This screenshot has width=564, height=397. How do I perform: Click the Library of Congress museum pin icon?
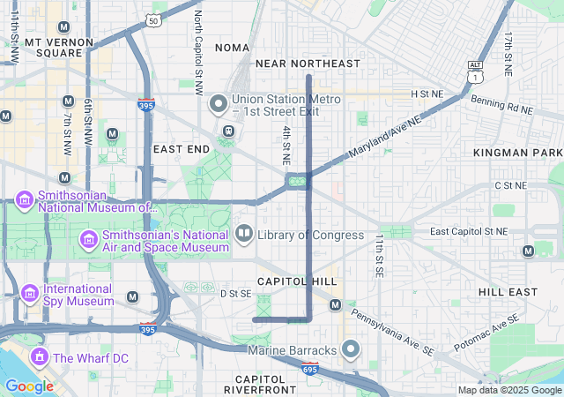tap(244, 235)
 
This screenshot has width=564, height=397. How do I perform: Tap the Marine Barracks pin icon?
tap(350, 350)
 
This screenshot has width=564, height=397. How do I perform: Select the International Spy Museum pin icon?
tap(30, 293)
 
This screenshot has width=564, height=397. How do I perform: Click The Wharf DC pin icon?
tap(39, 357)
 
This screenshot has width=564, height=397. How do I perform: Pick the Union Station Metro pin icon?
tap(219, 105)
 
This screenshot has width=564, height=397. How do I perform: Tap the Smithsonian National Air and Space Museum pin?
tap(88, 240)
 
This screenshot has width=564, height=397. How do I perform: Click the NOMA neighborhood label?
tap(232, 47)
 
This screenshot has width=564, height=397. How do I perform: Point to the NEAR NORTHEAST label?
tap(308, 64)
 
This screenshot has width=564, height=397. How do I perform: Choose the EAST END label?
tap(182, 149)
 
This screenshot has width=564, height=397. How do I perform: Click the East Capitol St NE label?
tap(469, 231)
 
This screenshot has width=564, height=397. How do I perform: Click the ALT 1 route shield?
tap(476, 71)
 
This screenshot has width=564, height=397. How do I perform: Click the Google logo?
tap(29, 386)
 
